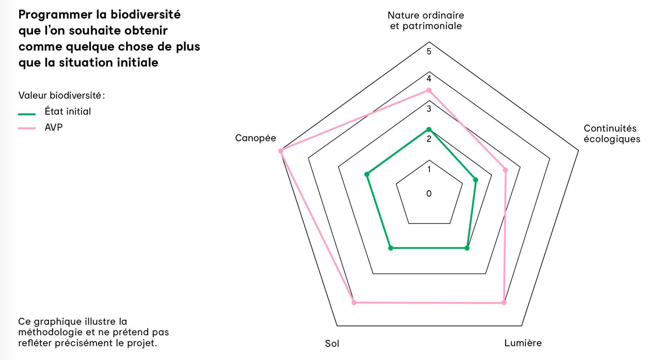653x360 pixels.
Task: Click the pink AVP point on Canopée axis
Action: pyautogui.click(x=281, y=150)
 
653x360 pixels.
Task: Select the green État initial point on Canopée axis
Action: pyautogui.click(x=366, y=174)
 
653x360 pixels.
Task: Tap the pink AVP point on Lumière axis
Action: pyautogui.click(x=504, y=302)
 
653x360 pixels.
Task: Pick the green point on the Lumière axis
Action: pyautogui.click(x=467, y=248)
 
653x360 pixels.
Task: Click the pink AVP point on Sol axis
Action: pyautogui.click(x=353, y=302)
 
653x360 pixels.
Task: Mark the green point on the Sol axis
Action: pyautogui.click(x=391, y=248)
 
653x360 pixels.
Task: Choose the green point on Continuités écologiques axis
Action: pyautogui.click(x=476, y=180)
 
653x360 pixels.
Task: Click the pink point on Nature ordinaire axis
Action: pyautogui.click(x=429, y=90)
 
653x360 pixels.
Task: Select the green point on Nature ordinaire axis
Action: pyautogui.click(x=429, y=129)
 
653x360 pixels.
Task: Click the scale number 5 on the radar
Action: pyautogui.click(x=429, y=51)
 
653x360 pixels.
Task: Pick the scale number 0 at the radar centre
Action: pyautogui.click(x=429, y=193)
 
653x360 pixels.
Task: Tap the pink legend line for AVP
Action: pyautogui.click(x=27, y=129)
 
